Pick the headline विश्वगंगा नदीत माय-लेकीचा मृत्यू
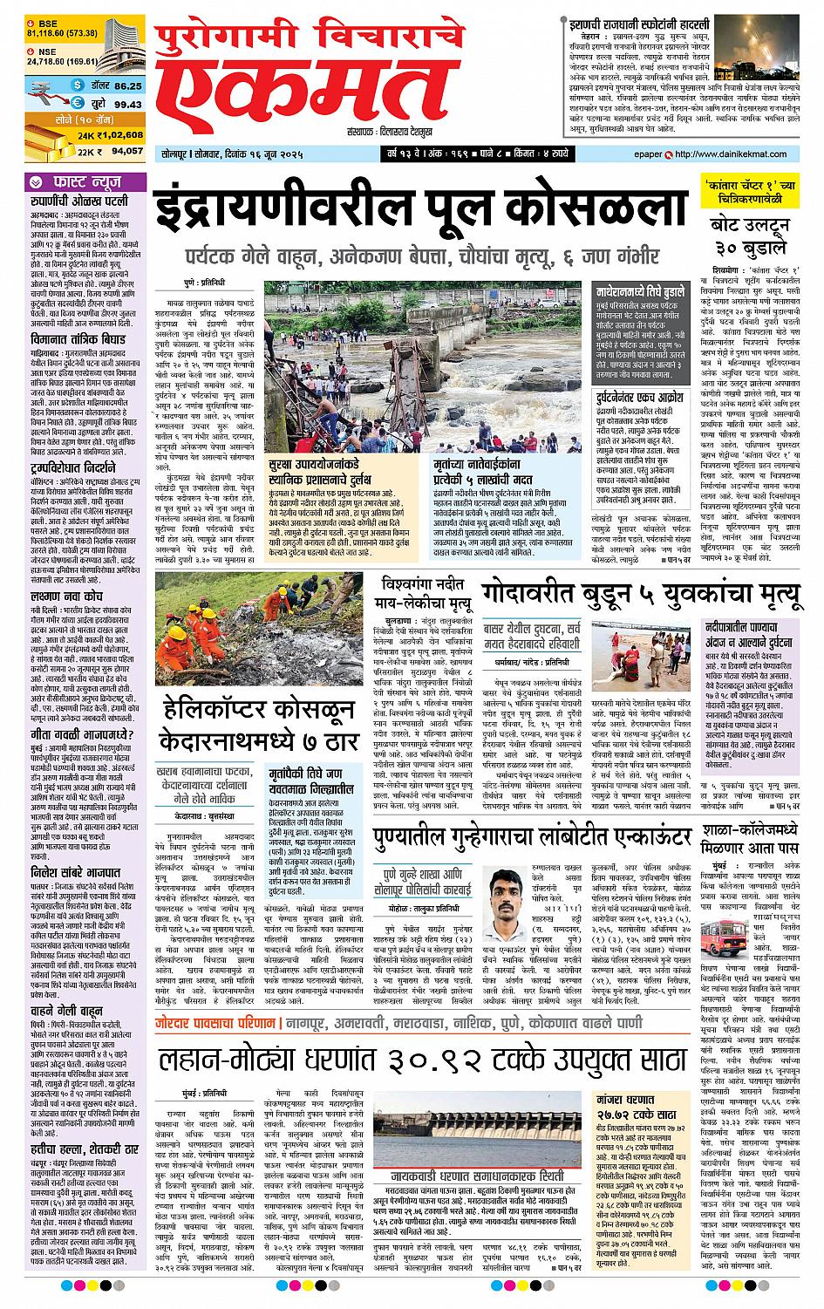[425, 595]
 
